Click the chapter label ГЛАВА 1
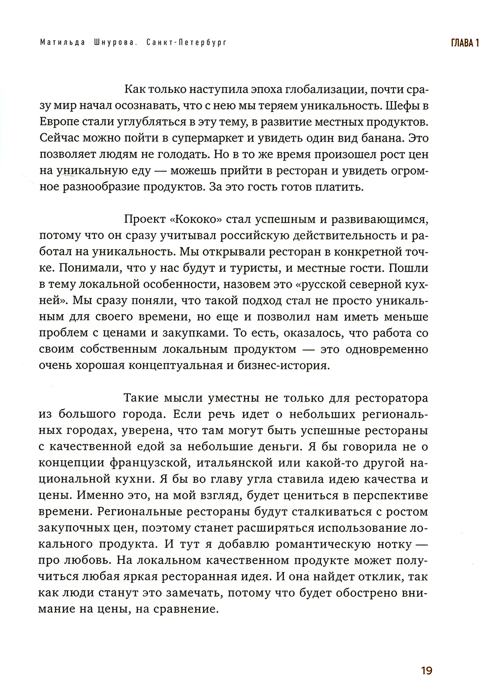click(x=465, y=43)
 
